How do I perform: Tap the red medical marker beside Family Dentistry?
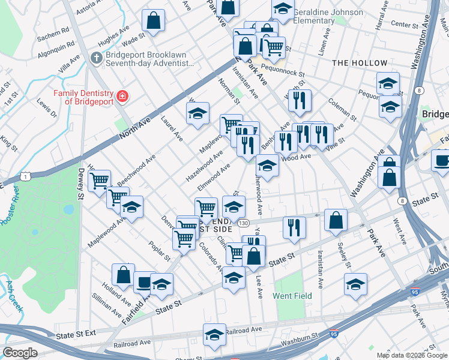(122, 96)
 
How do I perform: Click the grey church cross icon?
(95, 58)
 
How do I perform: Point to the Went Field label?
(292, 296)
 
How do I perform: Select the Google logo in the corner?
(20, 353)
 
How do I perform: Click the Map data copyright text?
(412, 355)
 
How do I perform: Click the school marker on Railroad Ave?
(214, 335)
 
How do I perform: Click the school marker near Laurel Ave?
(197, 113)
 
